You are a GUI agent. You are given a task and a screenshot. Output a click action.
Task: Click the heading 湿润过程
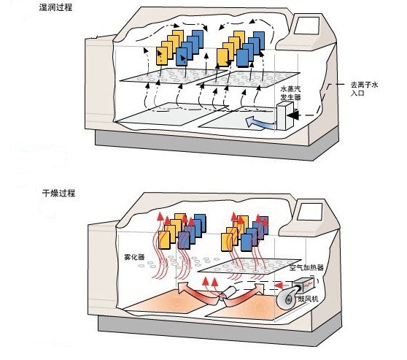click(55, 7)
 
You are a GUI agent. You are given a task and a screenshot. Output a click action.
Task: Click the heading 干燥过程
click(58, 193)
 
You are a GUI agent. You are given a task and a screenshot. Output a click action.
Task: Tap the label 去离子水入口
click(364, 88)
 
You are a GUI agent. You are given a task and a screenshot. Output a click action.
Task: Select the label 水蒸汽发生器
click(291, 93)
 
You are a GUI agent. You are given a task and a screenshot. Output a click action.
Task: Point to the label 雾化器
click(134, 257)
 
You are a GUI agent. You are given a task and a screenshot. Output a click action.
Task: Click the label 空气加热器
click(306, 267)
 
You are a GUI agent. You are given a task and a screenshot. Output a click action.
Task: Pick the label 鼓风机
click(308, 299)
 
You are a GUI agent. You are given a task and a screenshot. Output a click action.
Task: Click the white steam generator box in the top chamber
click(284, 115)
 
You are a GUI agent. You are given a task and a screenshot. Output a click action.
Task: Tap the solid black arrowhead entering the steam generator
click(292, 115)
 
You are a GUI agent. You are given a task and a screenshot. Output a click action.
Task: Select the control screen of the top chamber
click(306, 26)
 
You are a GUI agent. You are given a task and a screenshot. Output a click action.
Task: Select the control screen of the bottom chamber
click(310, 212)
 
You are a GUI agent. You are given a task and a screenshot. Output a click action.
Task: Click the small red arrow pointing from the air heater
click(280, 286)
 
